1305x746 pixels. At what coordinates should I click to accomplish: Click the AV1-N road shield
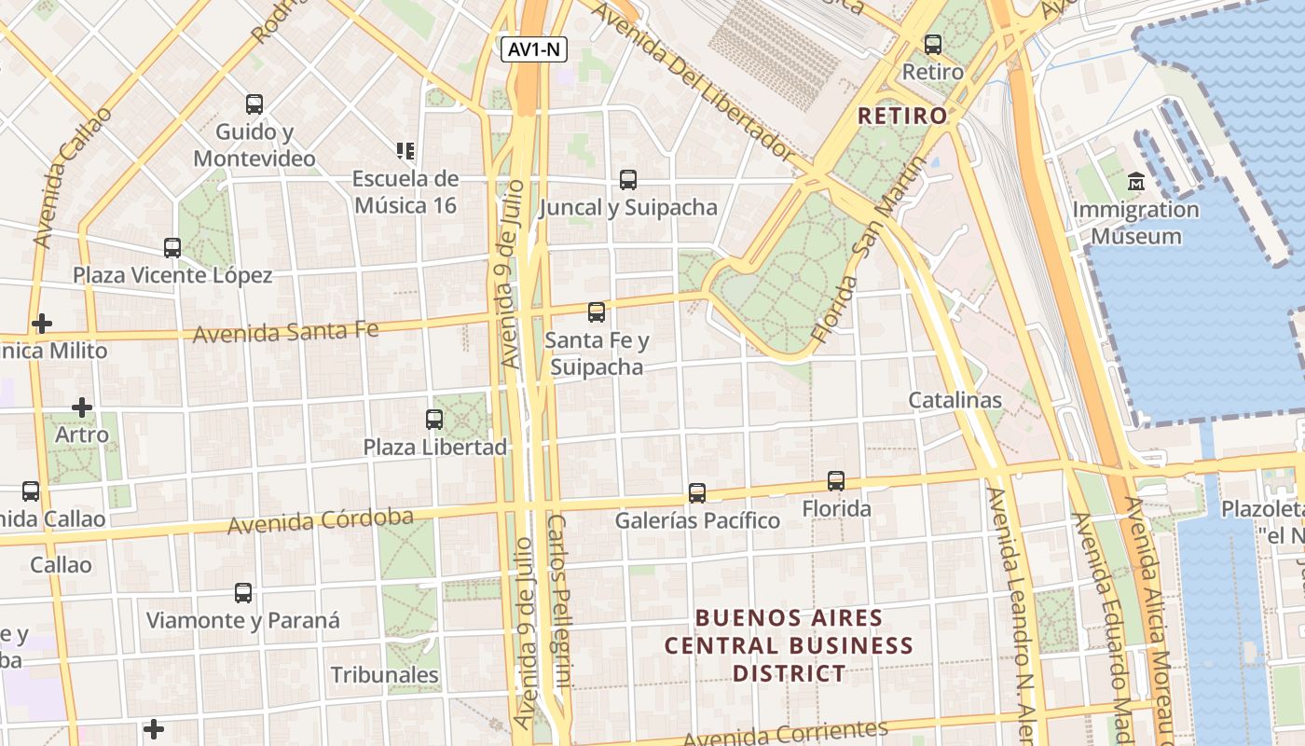pyautogui.click(x=534, y=50)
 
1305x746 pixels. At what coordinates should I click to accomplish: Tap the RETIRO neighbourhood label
pyautogui.click(x=901, y=117)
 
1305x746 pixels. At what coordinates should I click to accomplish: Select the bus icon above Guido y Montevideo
pyautogui.click(x=254, y=104)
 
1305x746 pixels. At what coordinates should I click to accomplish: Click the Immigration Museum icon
pyautogui.click(x=1135, y=181)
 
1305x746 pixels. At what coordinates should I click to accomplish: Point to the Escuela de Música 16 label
pyautogui.click(x=405, y=191)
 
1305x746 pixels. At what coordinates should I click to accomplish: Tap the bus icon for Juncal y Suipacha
pyautogui.click(x=628, y=180)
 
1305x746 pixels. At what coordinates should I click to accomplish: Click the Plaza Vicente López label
pyautogui.click(x=172, y=275)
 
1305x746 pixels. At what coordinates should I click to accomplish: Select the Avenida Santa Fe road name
pyautogui.click(x=285, y=331)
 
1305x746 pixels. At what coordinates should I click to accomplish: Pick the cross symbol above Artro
pyautogui.click(x=82, y=408)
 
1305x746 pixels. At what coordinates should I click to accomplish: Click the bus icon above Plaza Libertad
pyautogui.click(x=434, y=420)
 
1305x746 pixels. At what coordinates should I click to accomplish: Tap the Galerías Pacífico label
pyautogui.click(x=697, y=520)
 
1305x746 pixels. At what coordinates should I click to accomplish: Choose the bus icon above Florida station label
pyautogui.click(x=836, y=481)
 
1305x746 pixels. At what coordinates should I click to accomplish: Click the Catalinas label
pyautogui.click(x=955, y=401)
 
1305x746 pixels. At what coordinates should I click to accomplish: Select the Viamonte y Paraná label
pyautogui.click(x=243, y=620)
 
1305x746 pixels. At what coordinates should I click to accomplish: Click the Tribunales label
pyautogui.click(x=384, y=674)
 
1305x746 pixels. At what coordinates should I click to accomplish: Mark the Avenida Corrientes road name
pyautogui.click(x=785, y=734)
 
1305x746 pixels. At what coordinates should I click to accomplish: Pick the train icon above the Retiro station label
pyautogui.click(x=933, y=44)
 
